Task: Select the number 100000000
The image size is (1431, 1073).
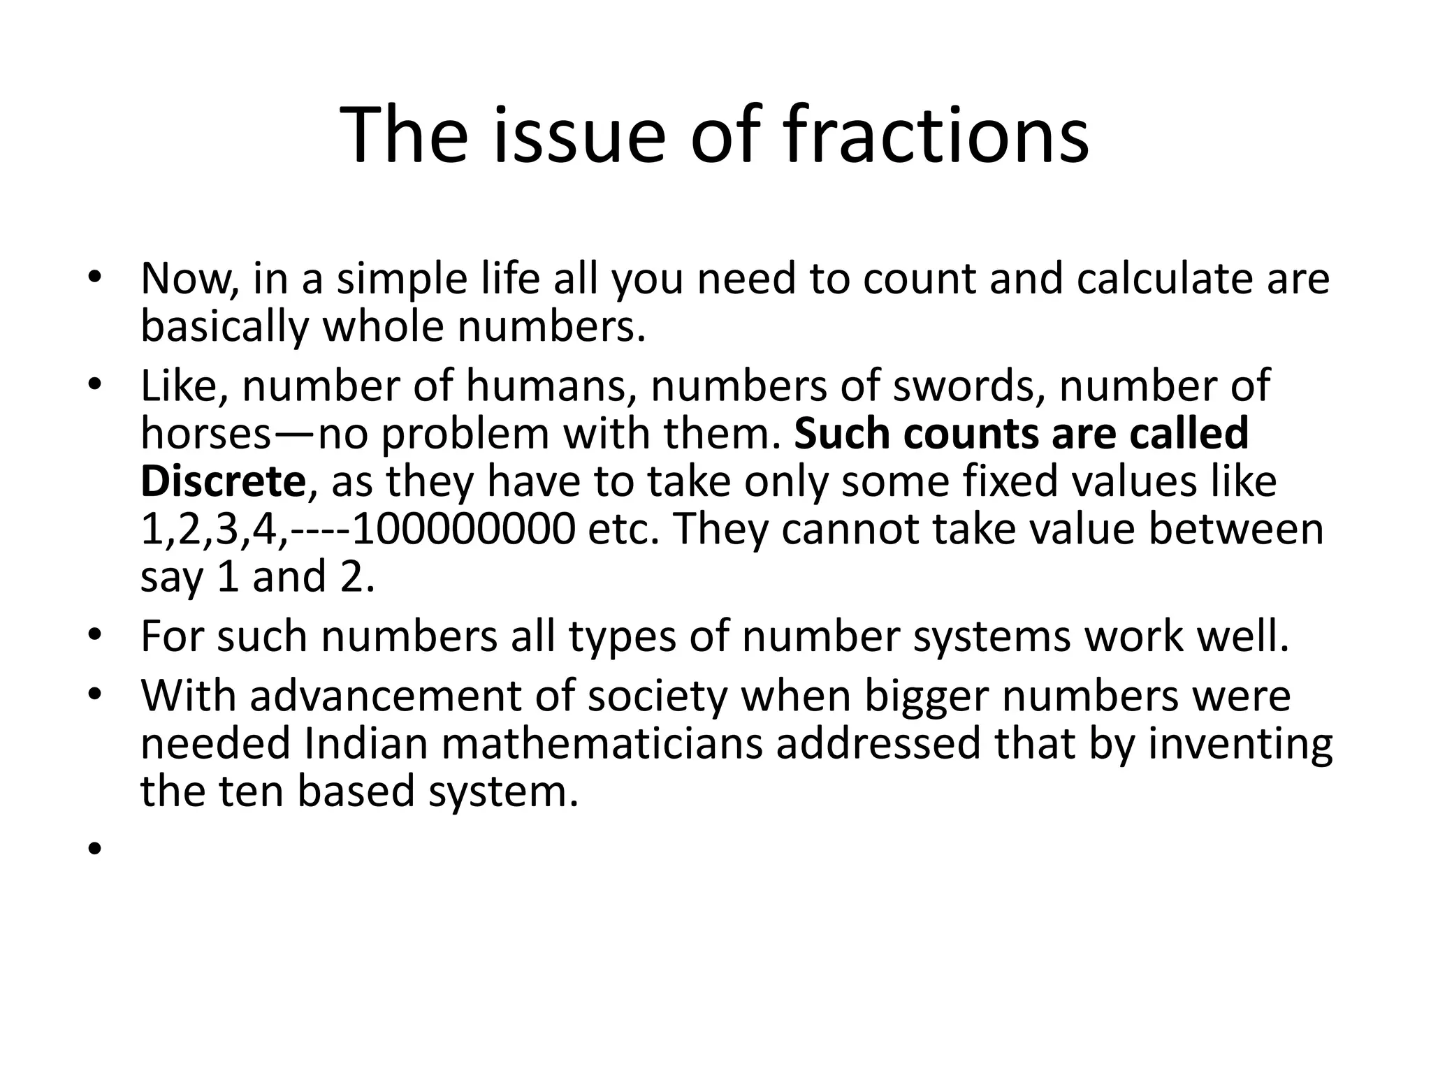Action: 464,529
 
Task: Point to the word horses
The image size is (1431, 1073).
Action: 205,433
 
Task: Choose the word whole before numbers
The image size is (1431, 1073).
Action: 382,326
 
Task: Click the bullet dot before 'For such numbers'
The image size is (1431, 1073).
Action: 95,637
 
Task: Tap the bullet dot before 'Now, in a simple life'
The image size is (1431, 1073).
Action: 95,279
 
